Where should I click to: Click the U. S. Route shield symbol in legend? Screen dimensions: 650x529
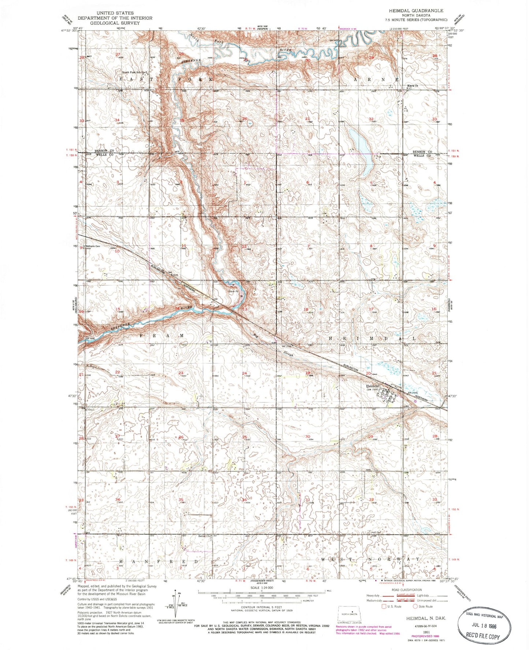tap(384, 606)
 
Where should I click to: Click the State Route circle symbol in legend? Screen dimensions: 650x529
tap(415, 606)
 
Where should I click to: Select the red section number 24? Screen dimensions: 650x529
tap(244, 373)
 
